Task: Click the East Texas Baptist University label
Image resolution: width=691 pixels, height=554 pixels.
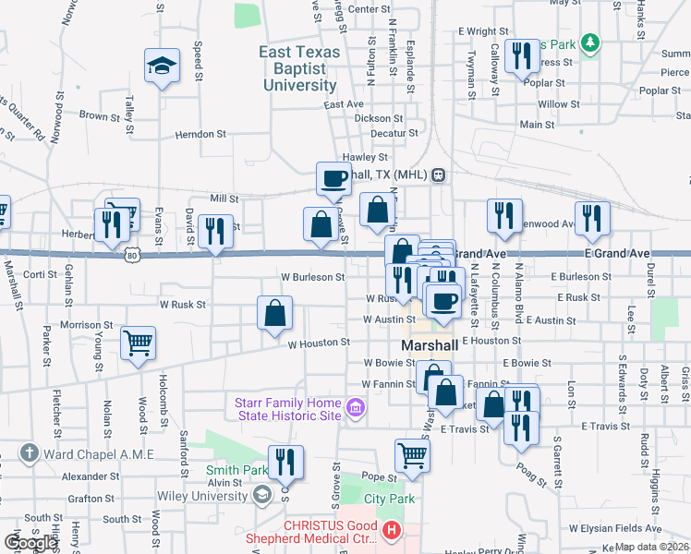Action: point(299,69)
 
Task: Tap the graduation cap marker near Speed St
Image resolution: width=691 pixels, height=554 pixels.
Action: point(162,66)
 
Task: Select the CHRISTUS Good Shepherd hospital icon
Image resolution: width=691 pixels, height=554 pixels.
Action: point(392,531)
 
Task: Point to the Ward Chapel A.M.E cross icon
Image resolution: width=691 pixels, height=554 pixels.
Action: point(30,453)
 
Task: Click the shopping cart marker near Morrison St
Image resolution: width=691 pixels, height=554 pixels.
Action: point(138,344)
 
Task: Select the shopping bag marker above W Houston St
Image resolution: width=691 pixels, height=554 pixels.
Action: point(275,314)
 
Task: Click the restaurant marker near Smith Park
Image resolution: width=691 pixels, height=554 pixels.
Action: point(285,463)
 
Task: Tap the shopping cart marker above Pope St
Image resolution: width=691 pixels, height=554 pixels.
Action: point(411,453)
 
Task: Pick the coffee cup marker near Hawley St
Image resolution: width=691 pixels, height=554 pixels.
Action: point(333,178)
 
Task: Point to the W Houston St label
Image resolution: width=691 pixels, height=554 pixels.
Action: point(319,343)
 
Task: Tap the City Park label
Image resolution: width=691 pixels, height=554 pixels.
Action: point(385,499)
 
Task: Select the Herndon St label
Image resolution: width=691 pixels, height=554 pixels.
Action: point(200,134)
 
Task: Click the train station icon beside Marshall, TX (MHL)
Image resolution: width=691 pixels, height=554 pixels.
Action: point(439,175)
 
